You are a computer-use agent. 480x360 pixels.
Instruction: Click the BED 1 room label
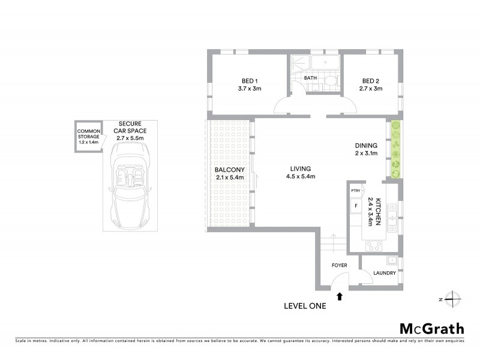coord(250,81)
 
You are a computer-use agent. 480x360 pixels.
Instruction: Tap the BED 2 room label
coord(370,81)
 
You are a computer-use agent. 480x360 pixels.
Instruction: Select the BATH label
coord(310,78)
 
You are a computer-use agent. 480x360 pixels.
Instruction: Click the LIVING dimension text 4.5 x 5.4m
coord(301,176)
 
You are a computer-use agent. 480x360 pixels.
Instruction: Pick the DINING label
coord(365,145)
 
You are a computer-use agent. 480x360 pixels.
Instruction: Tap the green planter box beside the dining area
coord(395,149)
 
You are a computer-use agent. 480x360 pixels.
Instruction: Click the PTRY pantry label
coord(355,191)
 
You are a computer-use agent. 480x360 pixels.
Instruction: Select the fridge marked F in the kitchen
coord(356,206)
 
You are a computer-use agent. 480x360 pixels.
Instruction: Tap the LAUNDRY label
coord(384,273)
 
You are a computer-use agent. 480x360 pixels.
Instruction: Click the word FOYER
coord(340,265)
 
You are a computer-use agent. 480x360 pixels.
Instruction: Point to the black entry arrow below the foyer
coord(340,296)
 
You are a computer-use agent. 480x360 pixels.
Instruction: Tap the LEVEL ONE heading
coord(304,306)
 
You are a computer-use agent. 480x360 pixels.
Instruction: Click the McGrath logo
coord(431,328)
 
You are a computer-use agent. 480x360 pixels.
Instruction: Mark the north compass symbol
coord(454,299)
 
